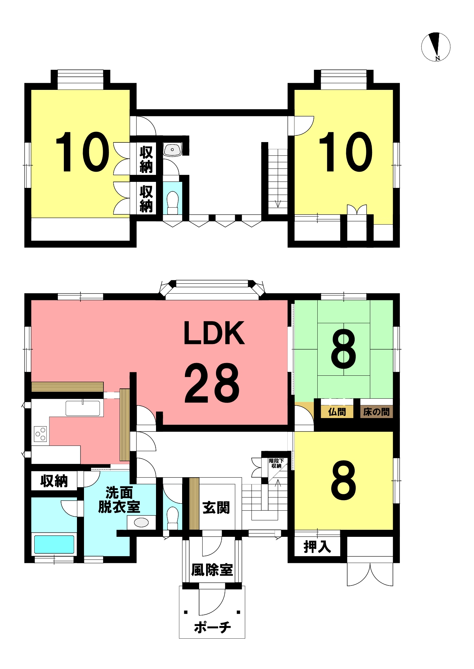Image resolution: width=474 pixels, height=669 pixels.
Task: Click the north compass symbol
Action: [x=436, y=47]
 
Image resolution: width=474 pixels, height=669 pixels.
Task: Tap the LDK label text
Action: [x=214, y=333]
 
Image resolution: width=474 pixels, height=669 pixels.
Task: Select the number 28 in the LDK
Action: [x=212, y=383]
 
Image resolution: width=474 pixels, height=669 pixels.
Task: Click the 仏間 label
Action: [x=337, y=412]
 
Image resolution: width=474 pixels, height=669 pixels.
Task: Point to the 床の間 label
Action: [x=376, y=412]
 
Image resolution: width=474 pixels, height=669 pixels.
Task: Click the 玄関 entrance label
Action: [x=216, y=508]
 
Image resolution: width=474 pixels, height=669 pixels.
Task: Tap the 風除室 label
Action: [x=212, y=570]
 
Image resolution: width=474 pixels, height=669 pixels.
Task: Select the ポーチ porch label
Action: [x=212, y=627]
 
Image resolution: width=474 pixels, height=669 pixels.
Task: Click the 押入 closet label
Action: [x=317, y=547]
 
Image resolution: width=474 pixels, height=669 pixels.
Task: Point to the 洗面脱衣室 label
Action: [x=119, y=500]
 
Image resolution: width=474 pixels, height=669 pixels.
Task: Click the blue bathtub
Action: [x=54, y=544]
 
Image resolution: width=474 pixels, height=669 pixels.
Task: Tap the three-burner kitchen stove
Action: [x=40, y=434]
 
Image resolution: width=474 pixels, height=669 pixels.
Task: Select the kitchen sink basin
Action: [x=83, y=408]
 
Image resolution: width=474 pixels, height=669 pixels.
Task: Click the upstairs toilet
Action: [x=173, y=203]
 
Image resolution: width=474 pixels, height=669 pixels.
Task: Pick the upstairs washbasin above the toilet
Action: [x=172, y=150]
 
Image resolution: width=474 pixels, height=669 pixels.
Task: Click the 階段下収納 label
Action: [x=276, y=463]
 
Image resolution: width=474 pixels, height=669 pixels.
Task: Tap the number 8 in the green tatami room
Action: [x=343, y=349]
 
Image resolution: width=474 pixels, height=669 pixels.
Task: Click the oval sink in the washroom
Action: [x=141, y=522]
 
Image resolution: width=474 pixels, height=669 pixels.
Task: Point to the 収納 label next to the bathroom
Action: [x=54, y=481]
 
